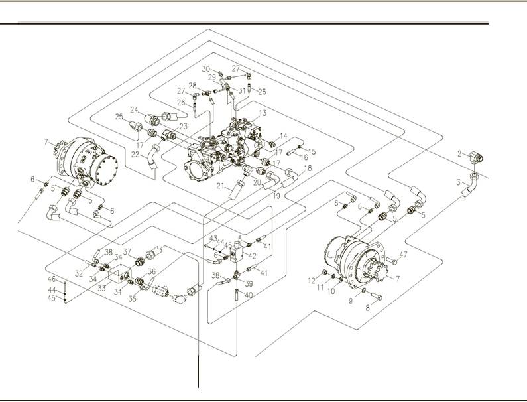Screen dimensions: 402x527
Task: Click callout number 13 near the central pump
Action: click(263, 113)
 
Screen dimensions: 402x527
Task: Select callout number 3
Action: click(458, 180)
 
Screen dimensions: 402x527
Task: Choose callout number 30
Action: click(205, 69)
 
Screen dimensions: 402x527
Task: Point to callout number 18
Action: click(307, 169)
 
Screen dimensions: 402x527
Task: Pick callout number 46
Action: click(52, 279)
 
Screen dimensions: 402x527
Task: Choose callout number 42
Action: click(253, 255)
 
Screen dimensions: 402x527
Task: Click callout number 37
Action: click(127, 252)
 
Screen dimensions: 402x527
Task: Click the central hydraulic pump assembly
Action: click(219, 149)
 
